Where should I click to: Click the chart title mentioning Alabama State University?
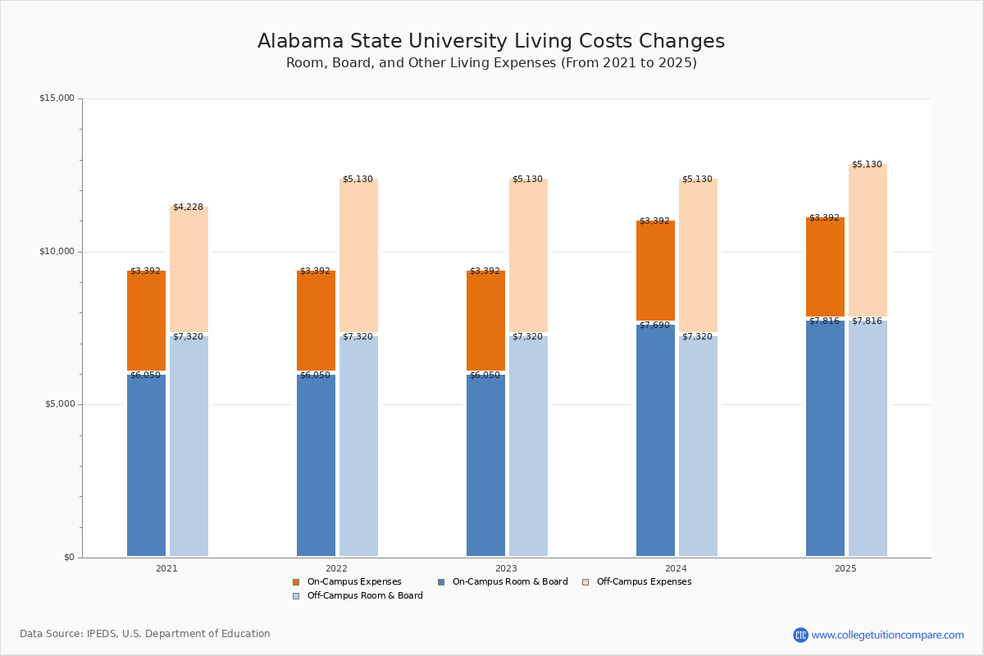[491, 42]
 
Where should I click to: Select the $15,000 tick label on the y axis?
[57, 98]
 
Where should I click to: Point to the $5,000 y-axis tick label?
[59, 404]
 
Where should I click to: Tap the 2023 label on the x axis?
[506, 568]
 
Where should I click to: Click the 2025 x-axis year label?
[845, 568]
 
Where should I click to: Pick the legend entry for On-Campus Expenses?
[353, 582]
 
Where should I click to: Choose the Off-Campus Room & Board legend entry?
[364, 596]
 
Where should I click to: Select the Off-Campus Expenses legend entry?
[643, 582]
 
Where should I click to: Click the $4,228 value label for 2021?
[188, 207]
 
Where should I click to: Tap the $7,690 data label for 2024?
[654, 326]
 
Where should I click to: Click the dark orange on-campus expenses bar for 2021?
[146, 321]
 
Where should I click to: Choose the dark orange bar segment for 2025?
[825, 266]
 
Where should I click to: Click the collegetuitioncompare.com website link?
[887, 635]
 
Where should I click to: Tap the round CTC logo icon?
[800, 635]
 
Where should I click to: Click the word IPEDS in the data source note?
[104, 634]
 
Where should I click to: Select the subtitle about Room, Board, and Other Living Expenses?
[491, 63]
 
